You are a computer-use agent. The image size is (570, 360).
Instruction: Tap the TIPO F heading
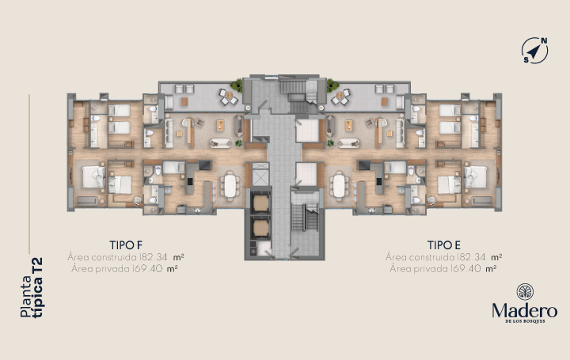point(126,245)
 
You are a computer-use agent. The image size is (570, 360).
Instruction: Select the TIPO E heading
point(444,245)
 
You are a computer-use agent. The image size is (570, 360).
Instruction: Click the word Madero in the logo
point(525,311)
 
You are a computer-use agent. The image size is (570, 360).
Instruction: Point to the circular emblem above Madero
point(526,292)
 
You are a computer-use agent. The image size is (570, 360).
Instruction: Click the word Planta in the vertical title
point(26,297)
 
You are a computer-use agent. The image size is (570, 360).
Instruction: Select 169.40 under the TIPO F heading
point(147,269)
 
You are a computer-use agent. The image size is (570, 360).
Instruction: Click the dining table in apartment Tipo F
point(230,186)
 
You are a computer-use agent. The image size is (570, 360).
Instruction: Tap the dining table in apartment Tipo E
point(339,186)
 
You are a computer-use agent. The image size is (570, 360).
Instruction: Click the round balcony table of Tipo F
point(229,96)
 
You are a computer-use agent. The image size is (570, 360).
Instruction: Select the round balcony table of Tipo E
point(340,96)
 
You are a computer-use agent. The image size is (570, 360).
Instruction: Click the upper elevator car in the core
point(260,203)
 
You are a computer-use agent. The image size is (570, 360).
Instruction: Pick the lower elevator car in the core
point(260,227)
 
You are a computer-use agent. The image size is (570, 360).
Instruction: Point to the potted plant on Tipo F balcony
point(237,85)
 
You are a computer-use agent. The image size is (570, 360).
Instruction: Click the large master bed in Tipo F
point(93,177)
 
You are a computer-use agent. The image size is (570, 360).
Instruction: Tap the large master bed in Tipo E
point(476,177)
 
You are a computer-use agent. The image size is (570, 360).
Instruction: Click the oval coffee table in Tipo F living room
point(220,142)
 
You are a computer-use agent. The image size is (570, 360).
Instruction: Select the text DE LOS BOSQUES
point(525,321)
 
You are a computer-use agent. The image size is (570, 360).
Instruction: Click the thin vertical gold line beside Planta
point(29,174)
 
